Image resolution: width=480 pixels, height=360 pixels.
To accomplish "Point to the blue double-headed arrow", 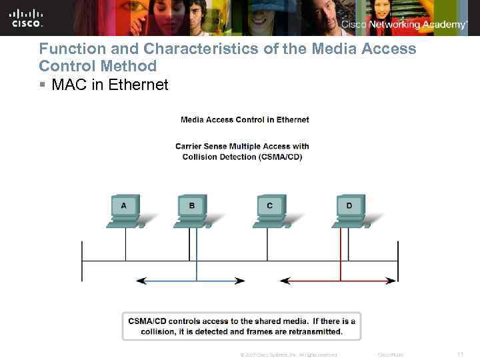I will (191, 281).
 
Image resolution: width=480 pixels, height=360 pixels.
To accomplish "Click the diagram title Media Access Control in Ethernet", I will (245, 120).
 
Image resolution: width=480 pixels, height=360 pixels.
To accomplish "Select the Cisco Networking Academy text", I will (404, 25).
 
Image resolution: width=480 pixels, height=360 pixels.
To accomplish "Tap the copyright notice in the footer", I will (288, 355).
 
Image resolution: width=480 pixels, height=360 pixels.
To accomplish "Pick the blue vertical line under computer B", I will (197, 257).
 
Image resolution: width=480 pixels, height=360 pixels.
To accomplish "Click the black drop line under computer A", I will (125, 245).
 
